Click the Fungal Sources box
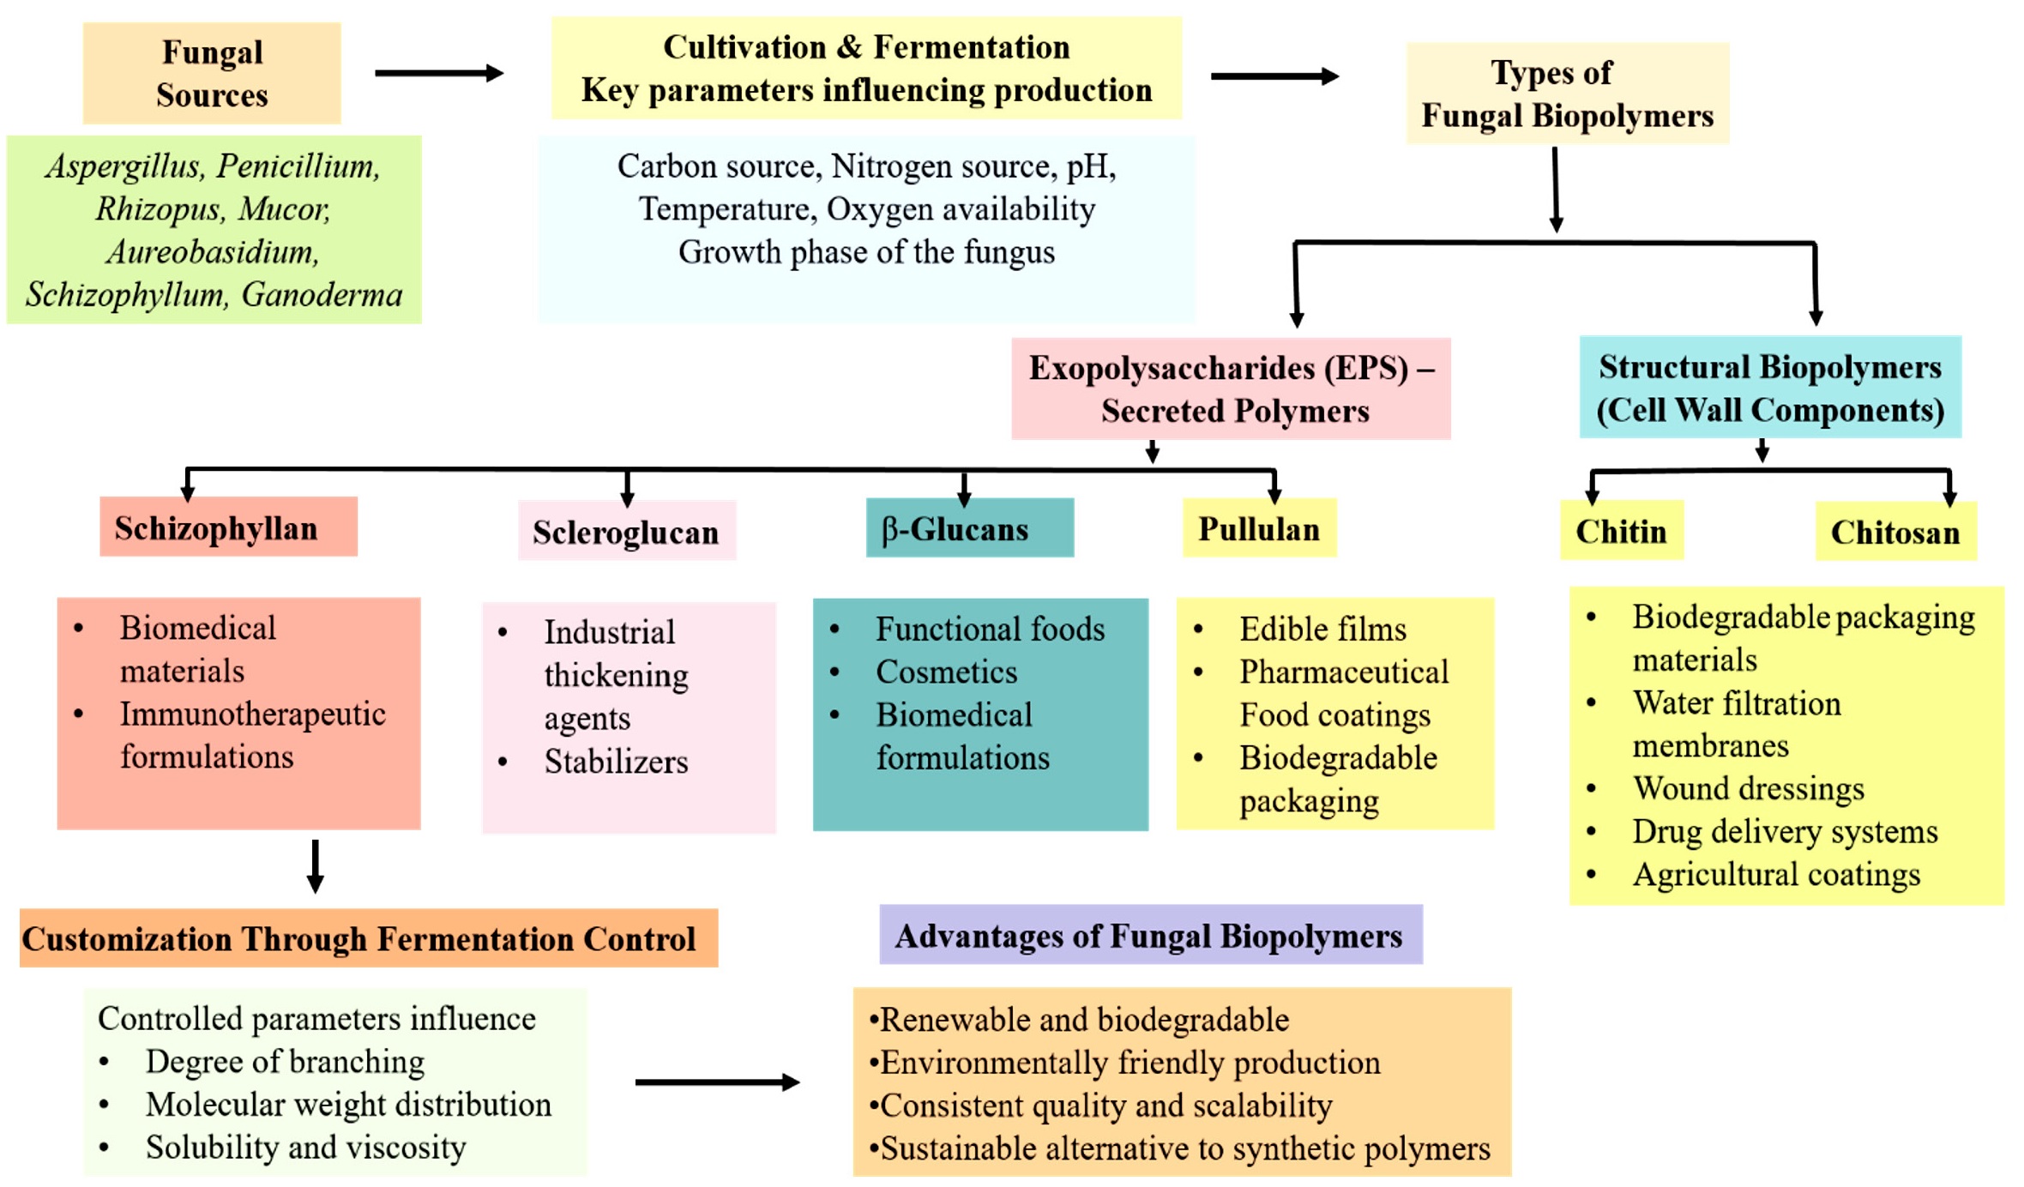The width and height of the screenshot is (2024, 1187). [x=212, y=73]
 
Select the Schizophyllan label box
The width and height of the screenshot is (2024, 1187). [x=228, y=527]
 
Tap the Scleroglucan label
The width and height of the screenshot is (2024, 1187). [x=626, y=532]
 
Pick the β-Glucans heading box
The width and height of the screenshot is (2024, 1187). [x=969, y=528]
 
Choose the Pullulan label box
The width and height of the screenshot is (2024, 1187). [x=1259, y=528]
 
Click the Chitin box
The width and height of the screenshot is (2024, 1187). [x=1621, y=531]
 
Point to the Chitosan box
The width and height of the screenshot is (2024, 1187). [x=1895, y=532]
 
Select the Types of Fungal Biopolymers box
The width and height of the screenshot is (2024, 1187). [x=1567, y=93]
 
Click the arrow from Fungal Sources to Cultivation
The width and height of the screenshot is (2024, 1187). [x=439, y=73]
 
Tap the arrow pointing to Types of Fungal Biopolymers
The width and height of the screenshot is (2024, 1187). [x=1274, y=76]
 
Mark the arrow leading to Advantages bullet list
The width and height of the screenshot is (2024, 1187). [x=717, y=1082]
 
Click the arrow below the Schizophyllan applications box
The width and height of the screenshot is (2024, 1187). [x=315, y=866]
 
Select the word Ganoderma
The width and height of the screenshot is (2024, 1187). [x=322, y=294]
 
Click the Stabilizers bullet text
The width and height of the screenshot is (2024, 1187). [x=616, y=761]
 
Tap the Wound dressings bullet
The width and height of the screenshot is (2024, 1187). [x=1748, y=788]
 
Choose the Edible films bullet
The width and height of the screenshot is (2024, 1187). [x=1322, y=629]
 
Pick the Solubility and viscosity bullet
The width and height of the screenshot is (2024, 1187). [x=305, y=1147]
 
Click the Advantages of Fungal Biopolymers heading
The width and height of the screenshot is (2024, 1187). [x=1151, y=935]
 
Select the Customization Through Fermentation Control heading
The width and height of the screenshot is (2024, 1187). [x=369, y=938]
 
